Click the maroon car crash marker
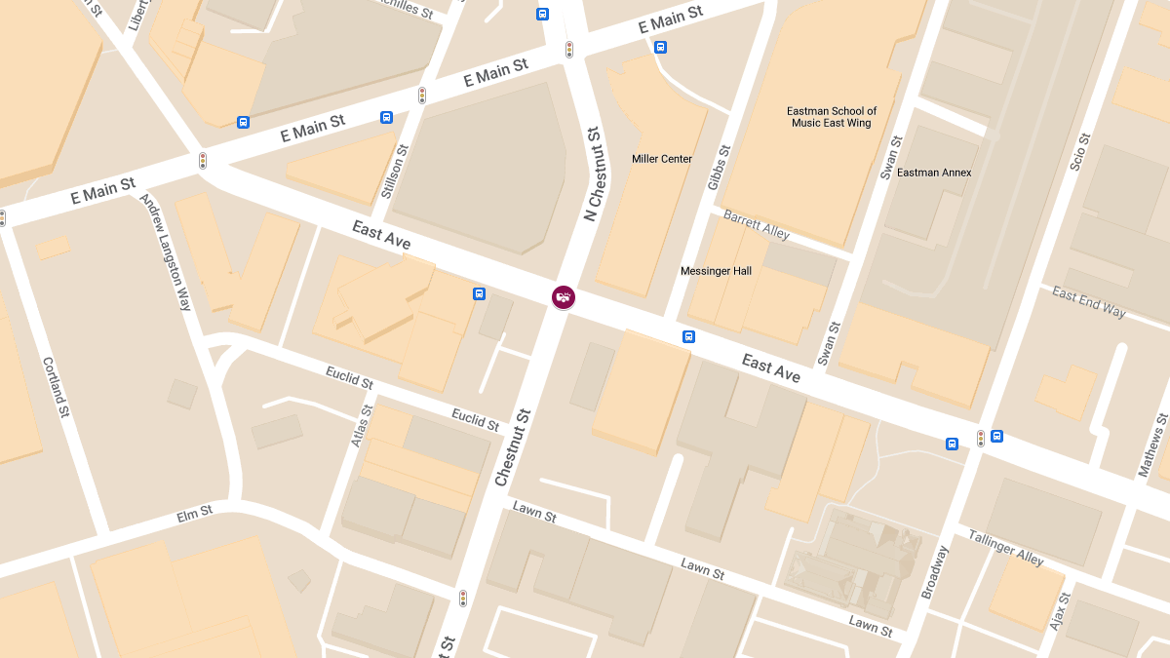click(x=564, y=296)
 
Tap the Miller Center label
click(x=662, y=159)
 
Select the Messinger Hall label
click(x=716, y=271)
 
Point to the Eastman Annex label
click(x=934, y=173)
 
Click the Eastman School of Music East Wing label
click(x=832, y=117)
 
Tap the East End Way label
click(x=1088, y=302)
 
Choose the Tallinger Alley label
click(x=1005, y=548)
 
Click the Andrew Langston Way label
click(x=166, y=252)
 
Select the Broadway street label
click(x=934, y=572)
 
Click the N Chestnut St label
click(x=594, y=174)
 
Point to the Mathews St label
click(x=1153, y=445)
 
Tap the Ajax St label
click(x=1059, y=610)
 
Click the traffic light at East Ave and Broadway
click(x=980, y=439)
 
